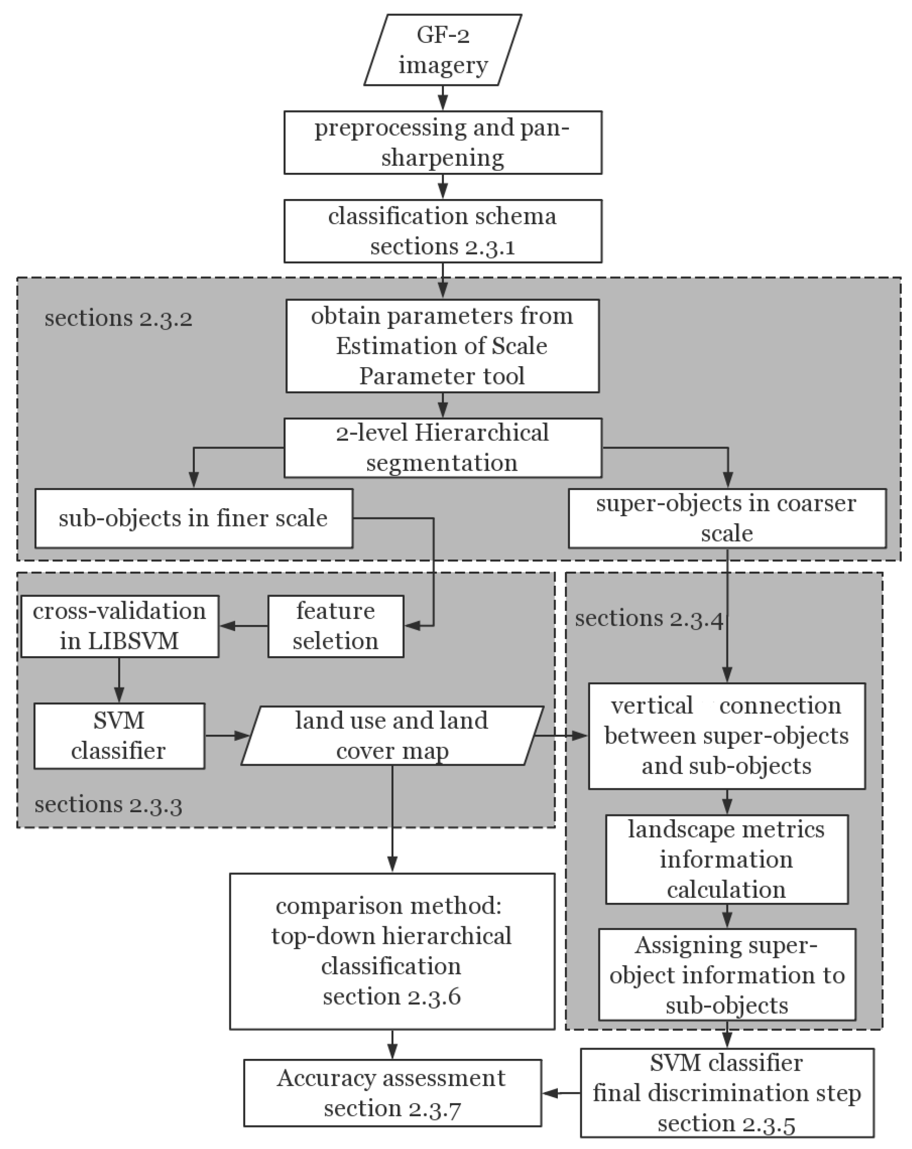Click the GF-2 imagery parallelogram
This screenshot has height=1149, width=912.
tap(442, 50)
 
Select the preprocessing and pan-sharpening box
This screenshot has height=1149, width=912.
tap(442, 142)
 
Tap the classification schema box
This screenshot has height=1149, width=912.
tap(442, 231)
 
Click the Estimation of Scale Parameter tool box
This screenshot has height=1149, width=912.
tap(442, 346)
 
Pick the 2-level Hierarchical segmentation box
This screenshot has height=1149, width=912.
tap(442, 447)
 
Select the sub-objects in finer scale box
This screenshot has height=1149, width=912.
tap(193, 518)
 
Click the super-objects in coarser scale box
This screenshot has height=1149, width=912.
tap(727, 518)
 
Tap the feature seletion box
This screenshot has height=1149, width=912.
tap(335, 626)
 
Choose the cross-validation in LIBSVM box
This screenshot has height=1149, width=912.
tap(120, 626)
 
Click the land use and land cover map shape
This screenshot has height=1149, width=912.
tap(392, 736)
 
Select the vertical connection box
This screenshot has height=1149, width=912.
tap(727, 736)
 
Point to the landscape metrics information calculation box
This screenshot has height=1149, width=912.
tap(727, 859)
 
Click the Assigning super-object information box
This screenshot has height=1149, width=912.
tap(727, 975)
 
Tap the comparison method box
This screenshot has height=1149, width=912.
tap(392, 951)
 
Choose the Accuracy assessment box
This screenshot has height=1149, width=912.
tap(392, 1093)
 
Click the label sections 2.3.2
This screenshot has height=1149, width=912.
tap(118, 319)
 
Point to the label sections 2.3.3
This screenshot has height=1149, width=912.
tap(108, 805)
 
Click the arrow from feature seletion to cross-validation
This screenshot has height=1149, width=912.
tap(243, 626)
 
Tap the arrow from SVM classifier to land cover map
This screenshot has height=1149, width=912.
tap(227, 736)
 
